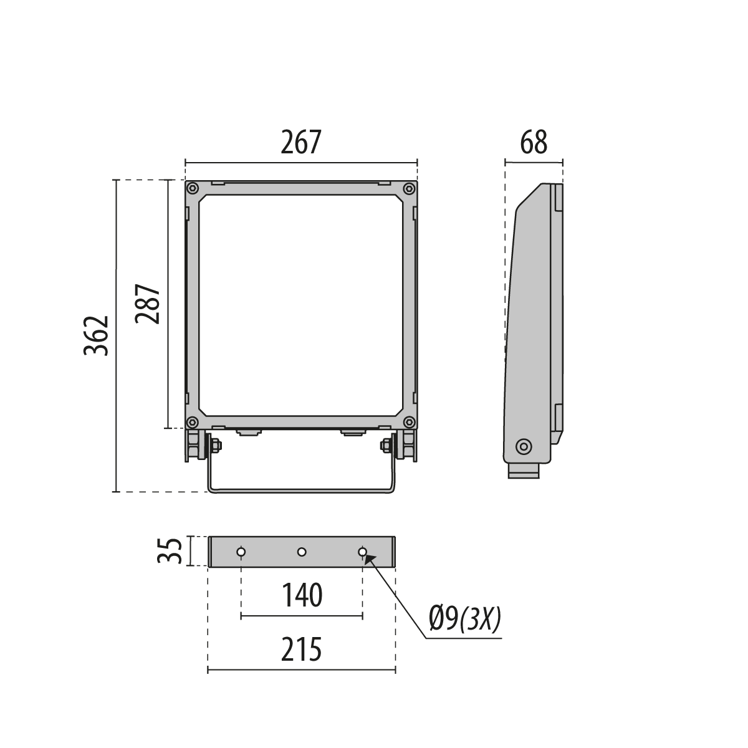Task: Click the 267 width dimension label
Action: [301, 143]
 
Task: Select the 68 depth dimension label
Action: [534, 143]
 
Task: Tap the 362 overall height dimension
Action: [96, 336]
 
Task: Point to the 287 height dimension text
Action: [148, 304]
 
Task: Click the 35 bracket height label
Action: [170, 551]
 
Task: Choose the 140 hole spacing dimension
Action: [302, 595]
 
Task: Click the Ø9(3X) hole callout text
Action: [465, 620]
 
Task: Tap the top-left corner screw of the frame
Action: [192, 189]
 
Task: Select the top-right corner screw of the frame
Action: [409, 189]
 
